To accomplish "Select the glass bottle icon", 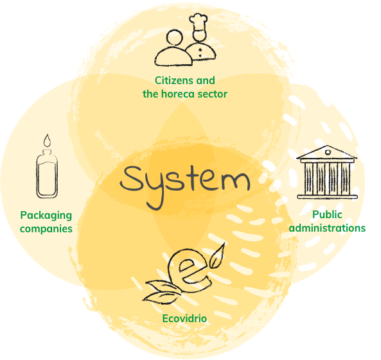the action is (x=47, y=174).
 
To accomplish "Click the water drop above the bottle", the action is (x=48, y=141).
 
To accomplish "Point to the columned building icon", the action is (x=327, y=173).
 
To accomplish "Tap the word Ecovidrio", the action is (x=184, y=318).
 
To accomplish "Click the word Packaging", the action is (x=46, y=216).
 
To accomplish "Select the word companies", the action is (x=46, y=229).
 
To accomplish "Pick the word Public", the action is (x=327, y=214).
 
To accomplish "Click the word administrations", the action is (x=327, y=228).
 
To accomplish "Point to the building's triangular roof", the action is (x=327, y=152).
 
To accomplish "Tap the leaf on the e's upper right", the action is (x=217, y=256).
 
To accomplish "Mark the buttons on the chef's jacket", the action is (x=200, y=53).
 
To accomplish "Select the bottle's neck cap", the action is (x=47, y=153).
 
